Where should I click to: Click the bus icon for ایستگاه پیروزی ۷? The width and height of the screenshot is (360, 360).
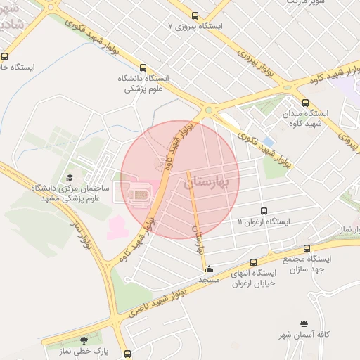coord(195,15)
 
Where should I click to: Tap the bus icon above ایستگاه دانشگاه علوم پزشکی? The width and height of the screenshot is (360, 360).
coord(143,68)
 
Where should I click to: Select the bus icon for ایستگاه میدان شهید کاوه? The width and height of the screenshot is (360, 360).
coord(304,102)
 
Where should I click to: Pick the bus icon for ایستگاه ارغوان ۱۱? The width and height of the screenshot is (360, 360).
coord(264,210)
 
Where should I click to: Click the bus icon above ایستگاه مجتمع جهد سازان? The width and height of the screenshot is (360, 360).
coord(307,248)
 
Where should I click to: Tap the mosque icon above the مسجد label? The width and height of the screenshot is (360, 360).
coord(209,269)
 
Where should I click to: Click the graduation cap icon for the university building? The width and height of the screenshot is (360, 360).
coord(69,178)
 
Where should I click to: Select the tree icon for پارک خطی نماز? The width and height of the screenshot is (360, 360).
coord(86,340)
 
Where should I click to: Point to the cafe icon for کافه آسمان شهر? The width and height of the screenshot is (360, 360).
coord(304,324)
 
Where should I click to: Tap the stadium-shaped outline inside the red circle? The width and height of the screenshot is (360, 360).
coord(139,191)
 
